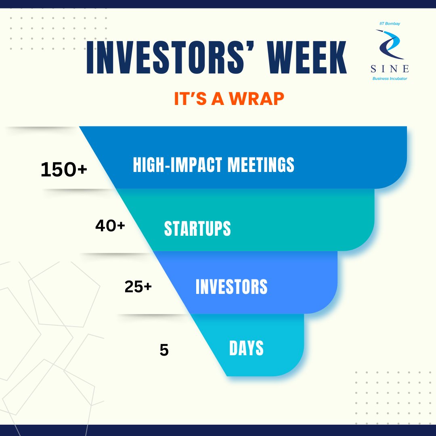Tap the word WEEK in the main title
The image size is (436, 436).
[x=307, y=57]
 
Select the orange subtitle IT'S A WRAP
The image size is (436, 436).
[x=229, y=99]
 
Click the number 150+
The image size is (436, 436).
[x=64, y=169]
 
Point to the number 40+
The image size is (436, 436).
[x=110, y=226]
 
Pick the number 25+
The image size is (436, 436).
[x=138, y=287]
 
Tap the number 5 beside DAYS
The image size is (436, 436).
[x=164, y=350]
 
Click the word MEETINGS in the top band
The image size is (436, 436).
[x=261, y=165]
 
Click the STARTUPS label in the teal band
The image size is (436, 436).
[x=197, y=228]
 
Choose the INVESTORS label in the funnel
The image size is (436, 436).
[x=232, y=287]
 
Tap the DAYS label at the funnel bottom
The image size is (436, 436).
[x=246, y=348]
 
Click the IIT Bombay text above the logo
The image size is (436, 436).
[x=390, y=24]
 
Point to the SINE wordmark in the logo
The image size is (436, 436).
[x=390, y=69]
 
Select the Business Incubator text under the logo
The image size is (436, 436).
[x=390, y=79]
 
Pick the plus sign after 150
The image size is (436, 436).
[x=82, y=169]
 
